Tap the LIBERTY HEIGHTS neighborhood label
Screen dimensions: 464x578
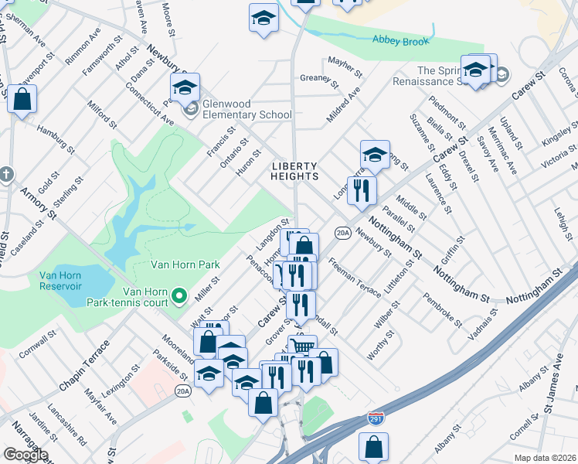294,171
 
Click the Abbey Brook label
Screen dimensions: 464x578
400,40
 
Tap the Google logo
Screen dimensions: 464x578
26,454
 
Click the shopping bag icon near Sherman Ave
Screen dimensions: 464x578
22,99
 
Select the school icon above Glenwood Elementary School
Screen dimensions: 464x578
185,88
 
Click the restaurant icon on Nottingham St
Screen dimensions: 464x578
361,189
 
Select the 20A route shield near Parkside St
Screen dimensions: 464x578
183,391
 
